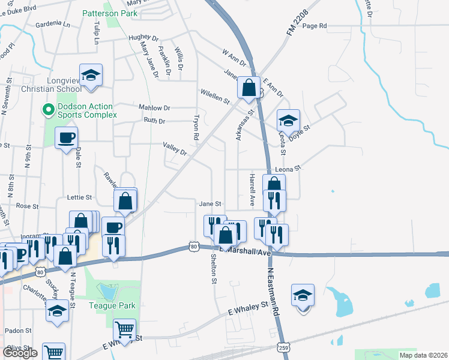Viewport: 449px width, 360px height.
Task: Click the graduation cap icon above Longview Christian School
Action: pyautogui.click(x=91, y=76)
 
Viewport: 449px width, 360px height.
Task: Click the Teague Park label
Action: pyautogui.click(x=113, y=305)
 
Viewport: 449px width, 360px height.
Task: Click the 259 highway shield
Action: pyautogui.click(x=282, y=347)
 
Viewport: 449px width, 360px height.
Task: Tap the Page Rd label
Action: pyautogui.click(x=315, y=26)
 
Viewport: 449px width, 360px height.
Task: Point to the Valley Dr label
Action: pyautogui.click(x=176, y=148)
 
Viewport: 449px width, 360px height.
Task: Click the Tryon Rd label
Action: pyautogui.click(x=196, y=127)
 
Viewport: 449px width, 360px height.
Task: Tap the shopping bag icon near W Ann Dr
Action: pyautogui.click(x=249, y=88)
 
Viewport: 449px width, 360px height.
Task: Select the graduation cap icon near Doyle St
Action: pyautogui.click(x=288, y=121)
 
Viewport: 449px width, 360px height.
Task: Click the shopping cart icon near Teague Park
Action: pyautogui.click(x=124, y=329)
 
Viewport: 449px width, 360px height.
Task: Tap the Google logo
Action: pyautogui.click(x=20, y=353)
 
